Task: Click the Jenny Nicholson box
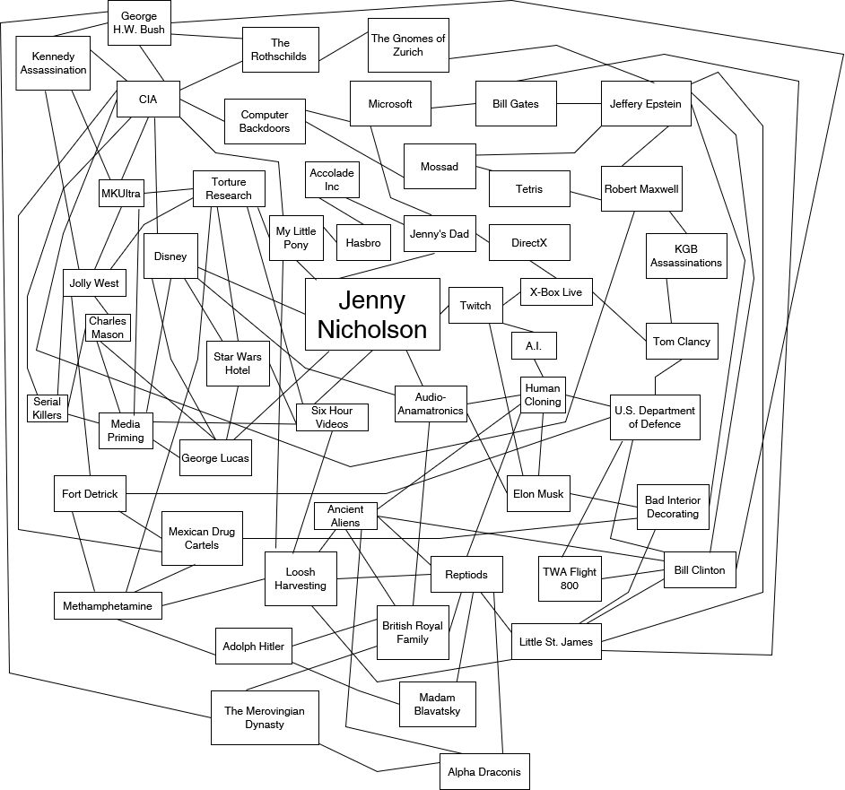372,314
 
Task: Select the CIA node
148,99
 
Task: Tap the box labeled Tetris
529,188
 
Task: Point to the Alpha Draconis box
484,771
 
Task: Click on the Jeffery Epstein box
646,104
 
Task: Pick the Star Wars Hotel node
238,363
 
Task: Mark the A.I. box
534,345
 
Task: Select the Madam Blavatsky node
437,704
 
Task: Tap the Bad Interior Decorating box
673,508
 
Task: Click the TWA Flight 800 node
570,578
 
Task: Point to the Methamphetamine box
108,606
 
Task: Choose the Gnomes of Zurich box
408,46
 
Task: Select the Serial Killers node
47,408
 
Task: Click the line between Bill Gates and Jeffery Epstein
579,104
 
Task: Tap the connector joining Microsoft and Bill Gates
453,106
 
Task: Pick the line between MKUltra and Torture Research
169,191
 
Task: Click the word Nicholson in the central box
372,329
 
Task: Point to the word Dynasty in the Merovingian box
266,725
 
